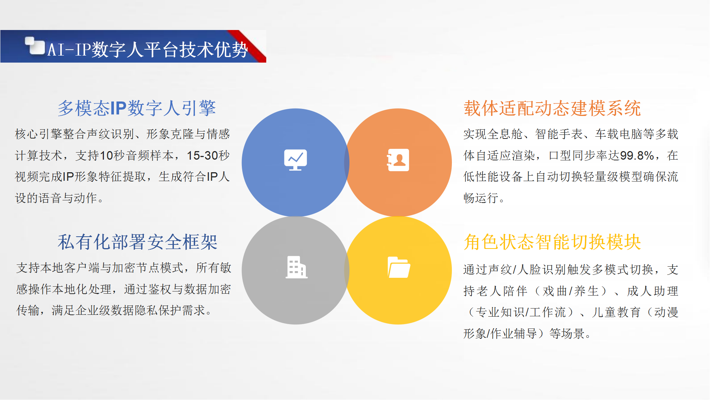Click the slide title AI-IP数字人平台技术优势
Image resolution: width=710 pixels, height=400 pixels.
coord(148,50)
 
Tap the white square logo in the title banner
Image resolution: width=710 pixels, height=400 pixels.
coord(35,46)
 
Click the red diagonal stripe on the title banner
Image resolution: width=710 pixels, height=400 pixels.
coord(247,46)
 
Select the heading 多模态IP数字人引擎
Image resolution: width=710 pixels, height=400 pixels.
coord(137,109)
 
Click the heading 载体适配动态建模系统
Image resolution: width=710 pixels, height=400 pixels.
coord(552,109)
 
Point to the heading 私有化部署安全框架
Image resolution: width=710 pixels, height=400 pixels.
coord(138,242)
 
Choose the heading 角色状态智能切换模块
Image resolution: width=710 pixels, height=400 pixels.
coord(552,242)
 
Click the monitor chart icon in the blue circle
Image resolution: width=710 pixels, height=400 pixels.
coord(295,160)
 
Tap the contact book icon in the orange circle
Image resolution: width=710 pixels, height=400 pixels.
coord(398,160)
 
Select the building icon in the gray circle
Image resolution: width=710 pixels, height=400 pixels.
coord(296,267)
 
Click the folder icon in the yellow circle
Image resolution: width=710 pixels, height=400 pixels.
coord(399,267)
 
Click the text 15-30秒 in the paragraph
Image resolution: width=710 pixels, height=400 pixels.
coord(208,156)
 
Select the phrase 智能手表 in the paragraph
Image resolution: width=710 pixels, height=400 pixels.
coord(559,134)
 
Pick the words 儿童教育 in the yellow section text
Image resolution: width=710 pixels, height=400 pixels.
coord(616,312)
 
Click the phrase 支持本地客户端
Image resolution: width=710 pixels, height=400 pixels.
coord(52,268)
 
